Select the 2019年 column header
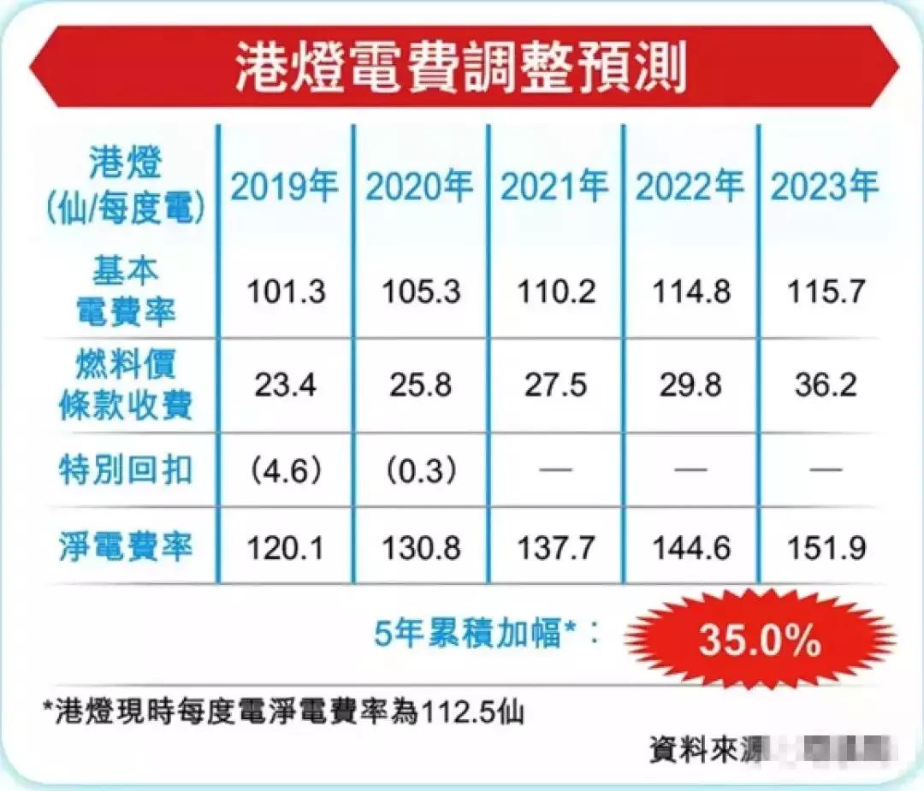tap(284, 185)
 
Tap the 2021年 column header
tap(554, 185)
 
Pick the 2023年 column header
tap(825, 185)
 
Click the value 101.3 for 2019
tap(286, 292)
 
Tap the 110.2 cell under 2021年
tap(554, 292)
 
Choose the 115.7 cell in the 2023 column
tap(825, 292)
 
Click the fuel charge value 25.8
tap(419, 384)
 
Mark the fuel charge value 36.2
tap(825, 384)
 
